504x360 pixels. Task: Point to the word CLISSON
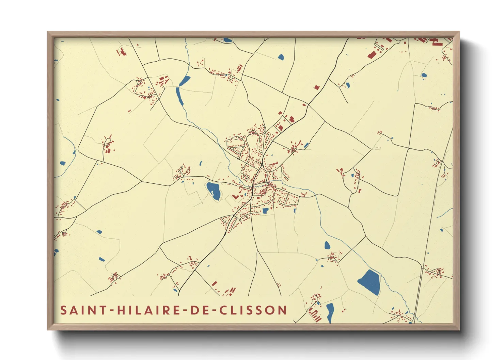pyautogui.click(x=253, y=310)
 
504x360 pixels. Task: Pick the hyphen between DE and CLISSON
pyautogui.click(x=212, y=311)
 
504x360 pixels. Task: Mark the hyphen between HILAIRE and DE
pyautogui.click(x=184, y=311)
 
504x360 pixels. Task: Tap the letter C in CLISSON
pyautogui.click(x=223, y=310)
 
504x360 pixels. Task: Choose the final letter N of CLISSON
pyautogui.click(x=282, y=310)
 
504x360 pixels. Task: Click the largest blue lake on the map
pyautogui.click(x=369, y=282)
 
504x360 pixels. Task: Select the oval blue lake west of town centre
pyautogui.click(x=214, y=190)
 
